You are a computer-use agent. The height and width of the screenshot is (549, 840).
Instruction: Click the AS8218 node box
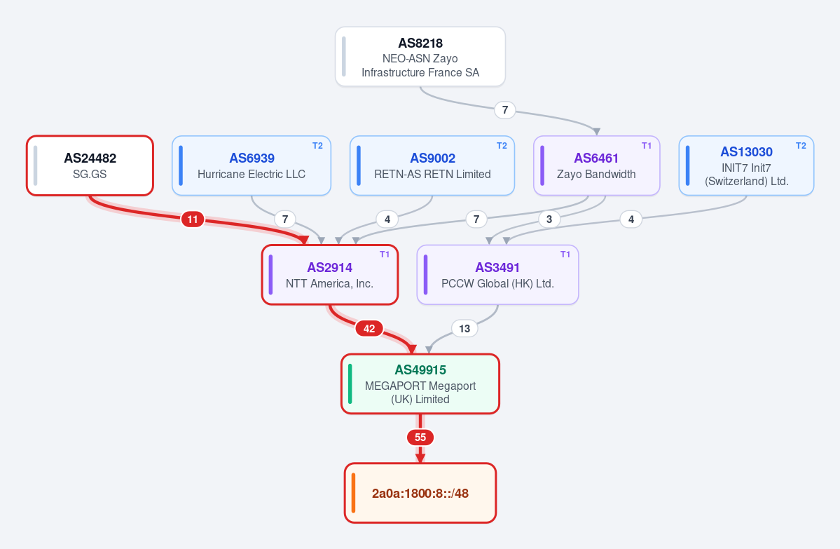[x=420, y=56]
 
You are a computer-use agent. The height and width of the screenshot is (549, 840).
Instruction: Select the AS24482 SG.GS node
[x=90, y=165]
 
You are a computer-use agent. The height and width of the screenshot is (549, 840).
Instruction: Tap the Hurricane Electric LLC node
[x=252, y=165]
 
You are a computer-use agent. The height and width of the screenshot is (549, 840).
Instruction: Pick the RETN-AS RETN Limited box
[x=432, y=165]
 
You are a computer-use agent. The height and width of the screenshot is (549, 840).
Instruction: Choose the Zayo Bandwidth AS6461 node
[x=597, y=165]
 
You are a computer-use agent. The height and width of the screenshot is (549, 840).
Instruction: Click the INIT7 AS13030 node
[x=746, y=165]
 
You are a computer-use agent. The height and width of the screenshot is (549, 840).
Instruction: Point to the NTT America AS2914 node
[x=330, y=275]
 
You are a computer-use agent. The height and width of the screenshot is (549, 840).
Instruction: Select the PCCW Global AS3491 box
[x=497, y=275]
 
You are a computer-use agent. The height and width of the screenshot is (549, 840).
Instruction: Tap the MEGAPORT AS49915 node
[x=420, y=384]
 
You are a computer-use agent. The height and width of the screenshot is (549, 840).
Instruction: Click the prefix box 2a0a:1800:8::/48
[x=420, y=493]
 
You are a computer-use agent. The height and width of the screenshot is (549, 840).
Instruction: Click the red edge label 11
[x=193, y=219]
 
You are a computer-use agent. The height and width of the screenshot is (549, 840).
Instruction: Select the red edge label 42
[x=369, y=329]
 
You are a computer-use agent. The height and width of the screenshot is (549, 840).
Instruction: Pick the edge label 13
[x=464, y=329]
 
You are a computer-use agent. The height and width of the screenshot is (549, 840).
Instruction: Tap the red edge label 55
[x=420, y=438]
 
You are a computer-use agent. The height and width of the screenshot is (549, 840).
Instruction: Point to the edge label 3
[x=549, y=219]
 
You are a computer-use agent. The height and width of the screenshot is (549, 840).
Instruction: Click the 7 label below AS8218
[x=505, y=110]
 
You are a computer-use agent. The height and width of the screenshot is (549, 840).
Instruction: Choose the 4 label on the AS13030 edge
[x=631, y=219]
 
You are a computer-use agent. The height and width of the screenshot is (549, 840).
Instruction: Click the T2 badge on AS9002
[x=502, y=146]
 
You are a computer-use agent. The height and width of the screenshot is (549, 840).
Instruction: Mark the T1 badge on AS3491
[x=565, y=255]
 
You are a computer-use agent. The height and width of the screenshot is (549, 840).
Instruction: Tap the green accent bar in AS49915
[x=350, y=384]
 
